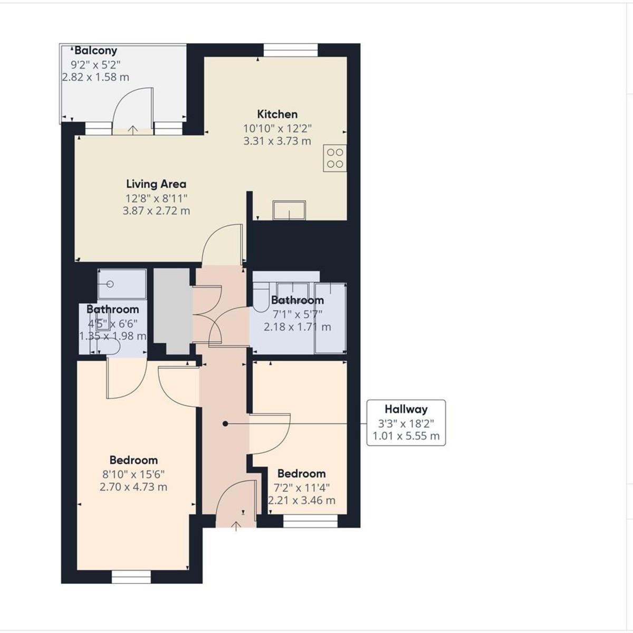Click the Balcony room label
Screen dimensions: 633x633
point(95,51)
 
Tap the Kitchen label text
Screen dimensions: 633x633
point(277,114)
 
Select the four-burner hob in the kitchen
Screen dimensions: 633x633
point(335,158)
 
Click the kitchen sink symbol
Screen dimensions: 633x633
point(289,209)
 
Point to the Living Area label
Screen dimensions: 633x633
point(156,184)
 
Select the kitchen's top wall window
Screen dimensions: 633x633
point(291,50)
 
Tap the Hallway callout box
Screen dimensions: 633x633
point(406,423)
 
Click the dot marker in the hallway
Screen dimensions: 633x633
point(225,424)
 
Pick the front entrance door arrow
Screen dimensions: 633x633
point(235,525)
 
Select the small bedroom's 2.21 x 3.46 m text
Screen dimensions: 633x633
point(302,501)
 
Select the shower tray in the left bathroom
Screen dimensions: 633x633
point(122,285)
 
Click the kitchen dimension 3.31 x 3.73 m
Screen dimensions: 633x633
point(277,141)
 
